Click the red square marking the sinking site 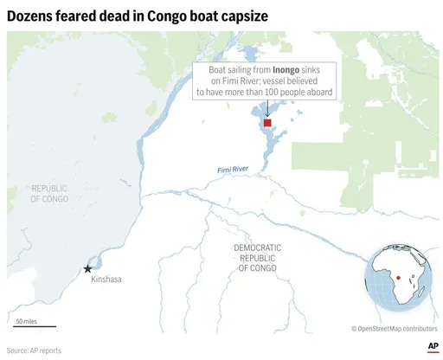pos(267,124)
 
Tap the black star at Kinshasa pos(87,269)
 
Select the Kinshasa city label pos(106,280)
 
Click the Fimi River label pos(234,170)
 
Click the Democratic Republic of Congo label pos(257,258)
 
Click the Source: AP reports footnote pos(35,350)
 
